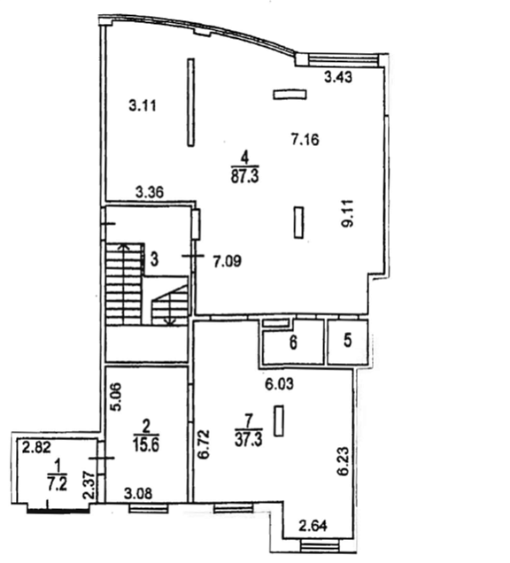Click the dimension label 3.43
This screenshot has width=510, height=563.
(338, 77)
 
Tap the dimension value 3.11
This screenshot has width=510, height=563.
(143, 106)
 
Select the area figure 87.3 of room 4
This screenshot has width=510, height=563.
(245, 176)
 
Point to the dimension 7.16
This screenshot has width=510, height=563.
(305, 139)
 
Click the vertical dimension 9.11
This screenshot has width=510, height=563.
(348, 213)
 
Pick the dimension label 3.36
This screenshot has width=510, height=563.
(150, 192)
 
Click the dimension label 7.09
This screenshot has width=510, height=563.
(228, 261)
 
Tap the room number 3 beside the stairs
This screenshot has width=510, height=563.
(154, 259)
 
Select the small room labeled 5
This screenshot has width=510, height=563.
(348, 341)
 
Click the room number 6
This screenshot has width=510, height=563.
(293, 343)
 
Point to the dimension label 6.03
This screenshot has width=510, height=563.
(279, 384)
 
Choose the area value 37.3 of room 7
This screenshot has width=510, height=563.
(249, 439)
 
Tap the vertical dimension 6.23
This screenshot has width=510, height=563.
(344, 461)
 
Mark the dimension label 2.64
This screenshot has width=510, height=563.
(313, 526)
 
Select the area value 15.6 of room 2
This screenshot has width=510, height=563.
(146, 445)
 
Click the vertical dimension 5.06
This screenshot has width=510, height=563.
(116, 397)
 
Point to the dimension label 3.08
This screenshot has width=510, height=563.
(138, 494)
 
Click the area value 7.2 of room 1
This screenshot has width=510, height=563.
(58, 484)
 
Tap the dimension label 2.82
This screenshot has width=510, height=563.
(36, 448)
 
